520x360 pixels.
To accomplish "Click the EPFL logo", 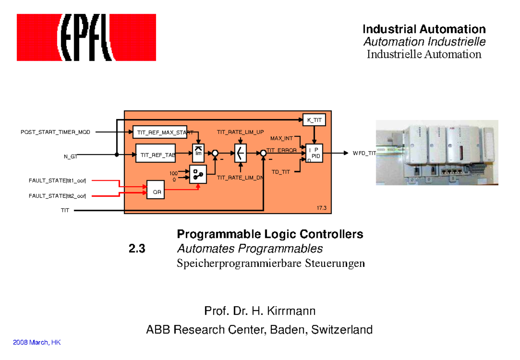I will (86, 37).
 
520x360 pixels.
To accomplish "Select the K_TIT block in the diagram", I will (314, 120).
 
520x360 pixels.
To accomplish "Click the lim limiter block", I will (198, 153).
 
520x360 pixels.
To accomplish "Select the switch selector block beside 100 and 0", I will (198, 175).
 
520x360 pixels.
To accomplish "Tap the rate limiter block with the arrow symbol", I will (240, 153).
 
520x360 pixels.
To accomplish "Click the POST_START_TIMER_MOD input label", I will (55, 132).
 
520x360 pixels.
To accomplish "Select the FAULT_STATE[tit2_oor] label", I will (57, 196).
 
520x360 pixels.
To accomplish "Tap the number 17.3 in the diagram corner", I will (321, 208).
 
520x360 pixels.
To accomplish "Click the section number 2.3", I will (137, 249).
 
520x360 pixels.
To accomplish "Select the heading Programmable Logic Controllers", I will (270, 234).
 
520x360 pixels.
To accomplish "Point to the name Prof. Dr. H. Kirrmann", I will (260, 311).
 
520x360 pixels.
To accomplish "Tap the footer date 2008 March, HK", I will (37, 342).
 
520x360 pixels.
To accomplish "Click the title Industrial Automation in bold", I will (424, 29).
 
